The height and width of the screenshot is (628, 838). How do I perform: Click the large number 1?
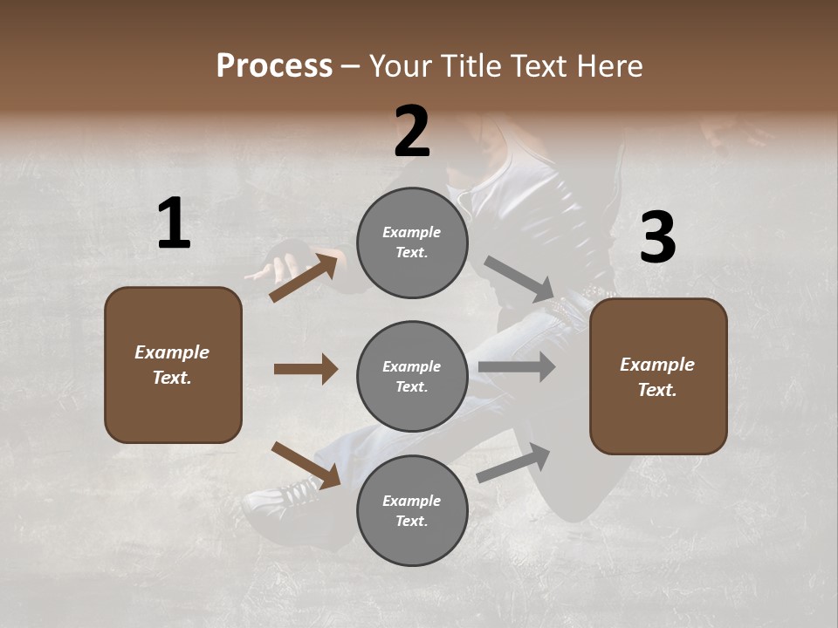pyautogui.click(x=174, y=223)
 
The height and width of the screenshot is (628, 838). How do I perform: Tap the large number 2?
pyautogui.click(x=412, y=132)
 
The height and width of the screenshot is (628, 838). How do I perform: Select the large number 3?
pyautogui.click(x=657, y=238)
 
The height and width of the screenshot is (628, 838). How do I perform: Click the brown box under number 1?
pyautogui.click(x=173, y=365)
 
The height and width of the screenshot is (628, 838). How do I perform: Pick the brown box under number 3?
pyautogui.click(x=658, y=376)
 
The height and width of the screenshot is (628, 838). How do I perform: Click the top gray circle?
pyautogui.click(x=412, y=242)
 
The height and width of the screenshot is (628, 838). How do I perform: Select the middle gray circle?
pyautogui.click(x=412, y=376)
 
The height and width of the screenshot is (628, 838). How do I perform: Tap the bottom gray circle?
pyautogui.click(x=412, y=510)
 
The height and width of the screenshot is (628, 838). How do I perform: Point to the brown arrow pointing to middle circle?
pyautogui.click(x=306, y=369)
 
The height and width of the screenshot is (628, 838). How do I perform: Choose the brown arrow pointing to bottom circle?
pyautogui.click(x=306, y=465)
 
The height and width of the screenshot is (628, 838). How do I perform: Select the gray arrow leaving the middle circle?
pyautogui.click(x=517, y=367)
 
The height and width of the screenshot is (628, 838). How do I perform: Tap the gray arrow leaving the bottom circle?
pyautogui.click(x=514, y=463)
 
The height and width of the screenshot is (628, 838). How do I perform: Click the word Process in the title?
pyautogui.click(x=274, y=65)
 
